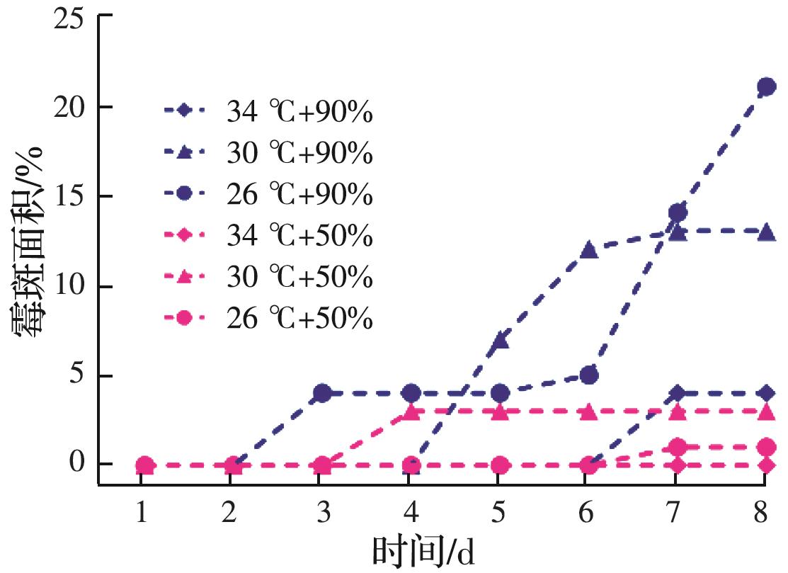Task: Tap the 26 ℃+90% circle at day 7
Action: [x=678, y=212]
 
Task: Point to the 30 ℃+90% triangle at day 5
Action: [x=500, y=340]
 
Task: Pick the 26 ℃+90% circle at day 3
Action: [x=322, y=393]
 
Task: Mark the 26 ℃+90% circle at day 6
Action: [x=588, y=375]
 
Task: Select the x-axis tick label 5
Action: [x=498, y=512]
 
